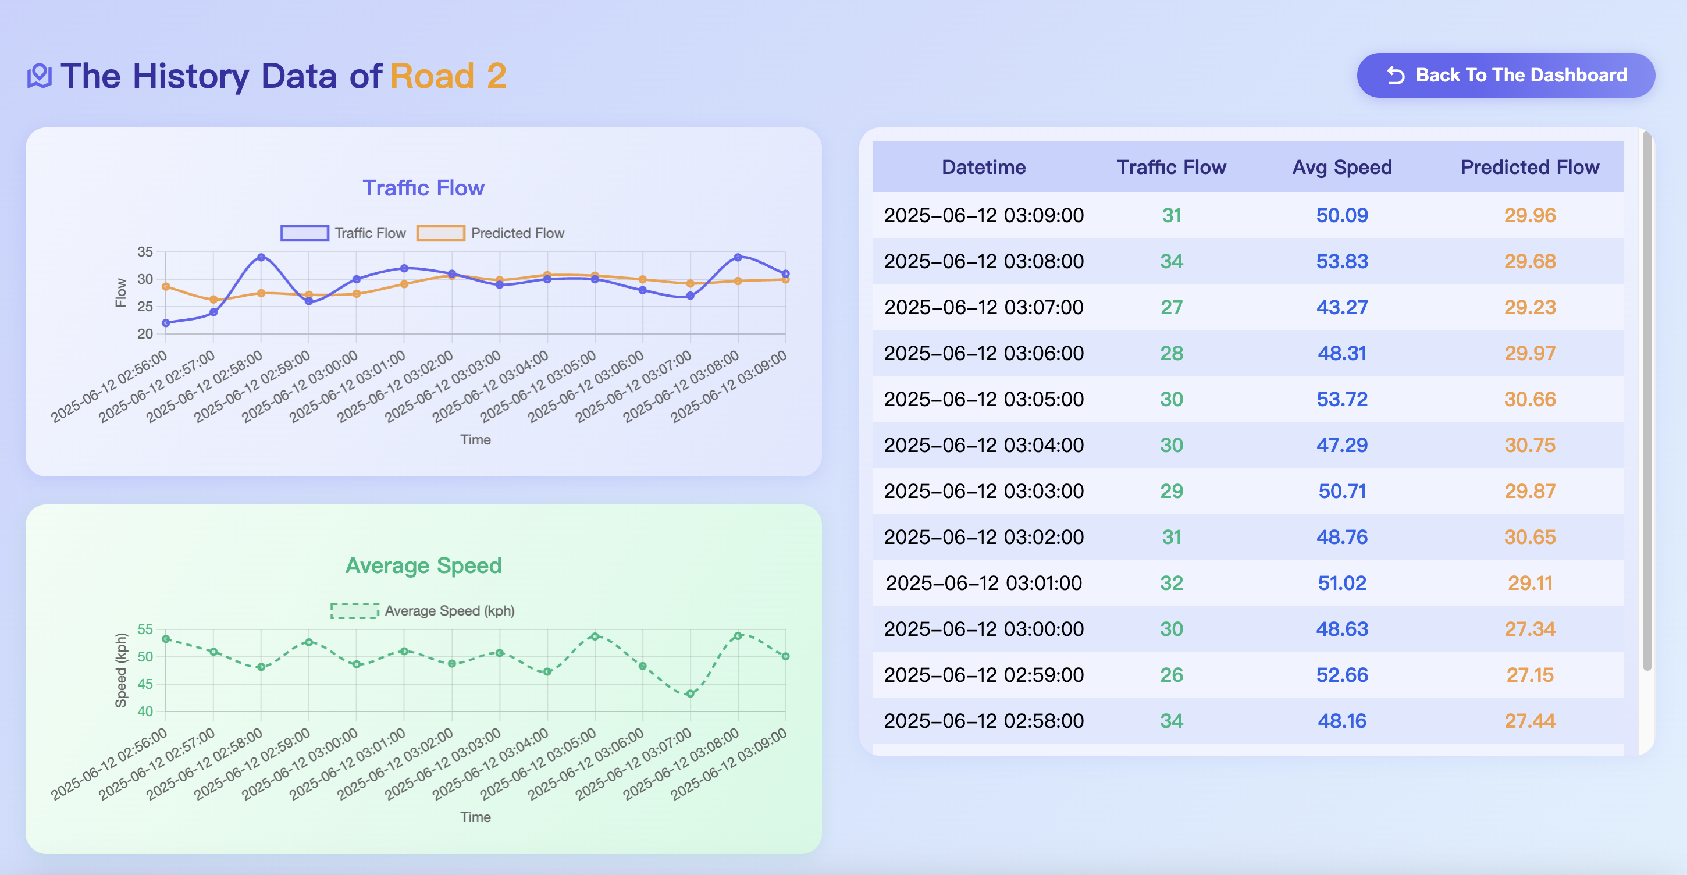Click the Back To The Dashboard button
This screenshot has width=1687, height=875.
pyautogui.click(x=1506, y=75)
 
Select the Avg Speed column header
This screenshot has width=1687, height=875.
pyautogui.click(x=1342, y=167)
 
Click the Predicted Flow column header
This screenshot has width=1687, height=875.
pyautogui.click(x=1530, y=167)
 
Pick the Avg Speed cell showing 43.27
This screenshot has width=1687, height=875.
pyautogui.click(x=1342, y=307)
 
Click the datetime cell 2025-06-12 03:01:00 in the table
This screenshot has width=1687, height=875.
pyautogui.click(x=984, y=583)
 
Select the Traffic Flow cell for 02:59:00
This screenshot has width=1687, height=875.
pyautogui.click(x=1171, y=675)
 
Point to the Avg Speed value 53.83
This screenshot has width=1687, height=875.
pyautogui.click(x=1342, y=261)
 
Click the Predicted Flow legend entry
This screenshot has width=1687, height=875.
pyautogui.click(x=490, y=233)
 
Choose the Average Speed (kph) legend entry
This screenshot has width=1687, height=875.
pyautogui.click(x=422, y=610)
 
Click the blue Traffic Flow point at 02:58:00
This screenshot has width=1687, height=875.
pyautogui.click(x=261, y=257)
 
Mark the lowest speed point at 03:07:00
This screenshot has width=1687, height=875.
pyautogui.click(x=691, y=693)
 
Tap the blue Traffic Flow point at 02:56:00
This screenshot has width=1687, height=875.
pyautogui.click(x=166, y=323)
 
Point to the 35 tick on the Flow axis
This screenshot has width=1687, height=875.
pyautogui.click(x=145, y=251)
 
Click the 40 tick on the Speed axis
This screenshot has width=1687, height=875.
pyautogui.click(x=145, y=712)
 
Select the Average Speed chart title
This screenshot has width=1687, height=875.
pyautogui.click(x=423, y=565)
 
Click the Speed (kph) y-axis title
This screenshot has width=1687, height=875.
pyautogui.click(x=120, y=670)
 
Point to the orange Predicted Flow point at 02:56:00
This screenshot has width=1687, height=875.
pyautogui.click(x=166, y=286)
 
